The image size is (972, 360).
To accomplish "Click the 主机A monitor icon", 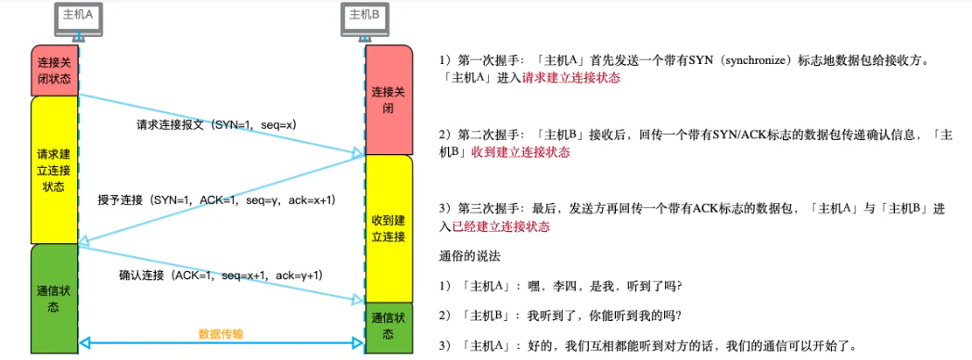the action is tap(77, 21).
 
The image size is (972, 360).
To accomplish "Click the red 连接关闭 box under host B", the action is tap(389, 99).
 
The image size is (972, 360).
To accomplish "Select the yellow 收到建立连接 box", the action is tap(389, 227).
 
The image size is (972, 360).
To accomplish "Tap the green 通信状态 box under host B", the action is tap(389, 326).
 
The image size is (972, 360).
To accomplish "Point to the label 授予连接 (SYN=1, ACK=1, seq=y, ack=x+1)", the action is tap(216, 200).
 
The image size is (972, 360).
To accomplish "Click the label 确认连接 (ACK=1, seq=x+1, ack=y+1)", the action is tap(221, 276).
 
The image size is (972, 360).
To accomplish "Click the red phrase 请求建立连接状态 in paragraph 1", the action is tap(570, 78).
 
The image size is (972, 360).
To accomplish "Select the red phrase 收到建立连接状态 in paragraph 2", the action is tap(520, 151).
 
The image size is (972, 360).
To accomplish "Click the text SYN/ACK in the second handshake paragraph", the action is tap(733, 135).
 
